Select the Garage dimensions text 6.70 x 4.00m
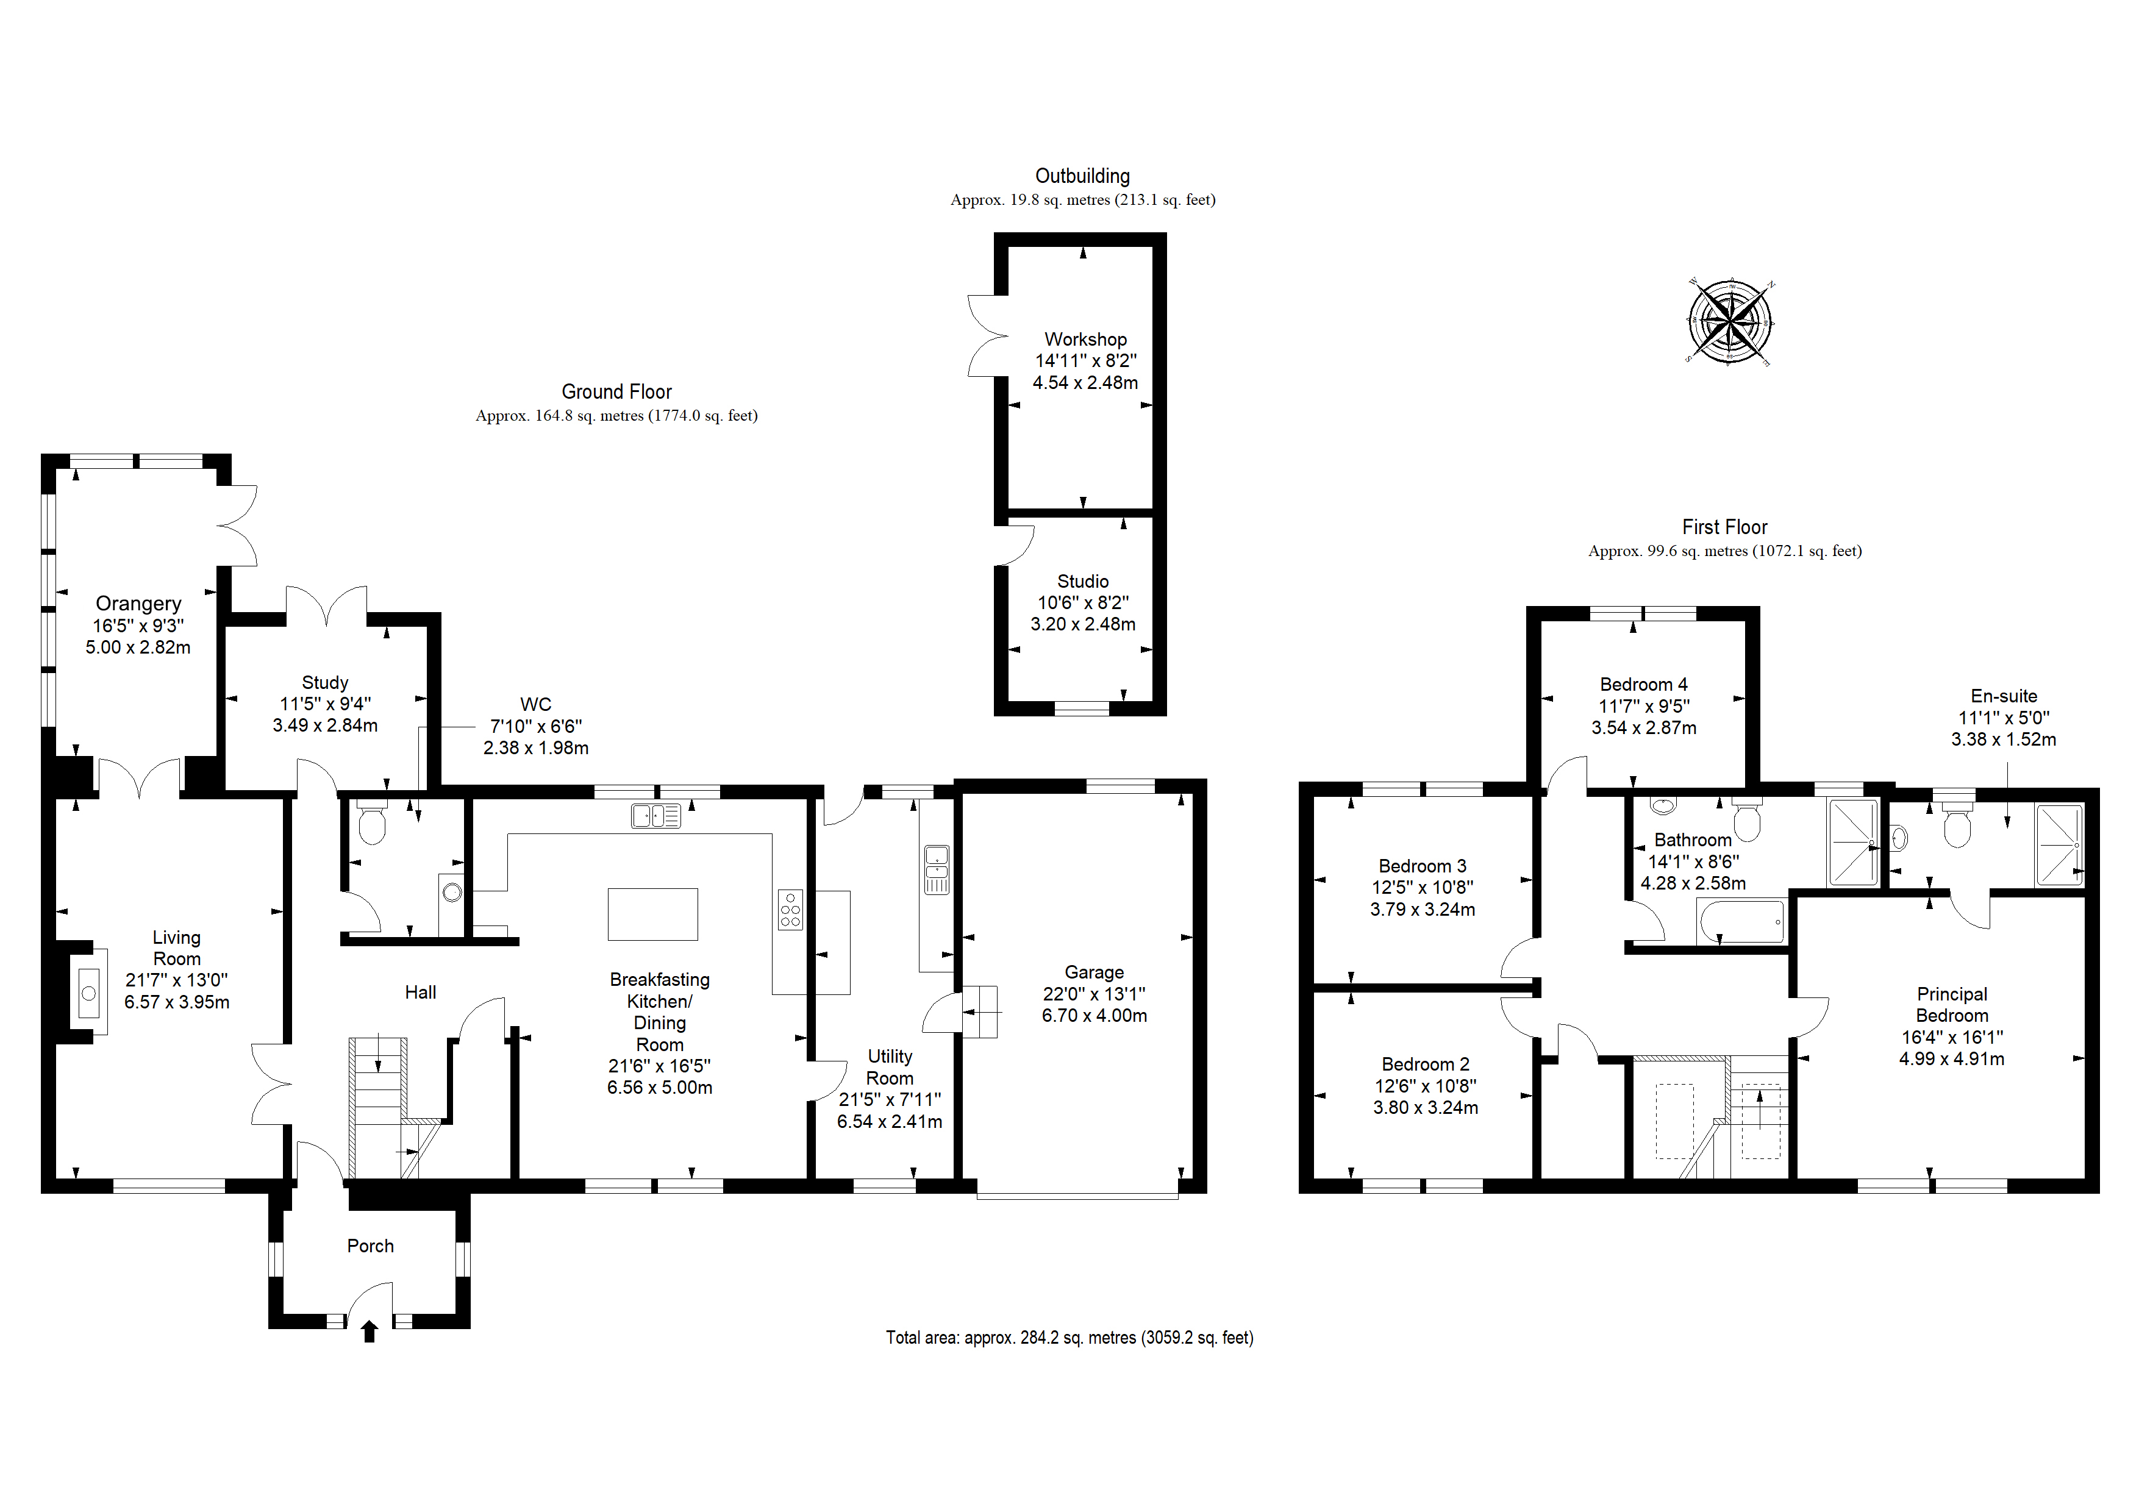click(x=1094, y=1016)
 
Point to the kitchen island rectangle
click(x=652, y=914)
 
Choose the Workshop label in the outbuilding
click(x=1085, y=339)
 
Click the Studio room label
click(x=1082, y=581)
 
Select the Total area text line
click(x=1069, y=1338)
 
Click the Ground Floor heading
click(x=616, y=391)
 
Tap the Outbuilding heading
click(x=1082, y=176)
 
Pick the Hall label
click(x=420, y=992)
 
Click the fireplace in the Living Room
click(x=88, y=992)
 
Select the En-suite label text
click(x=2003, y=696)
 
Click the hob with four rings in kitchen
click(x=790, y=909)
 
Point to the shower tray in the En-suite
click(x=2059, y=844)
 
